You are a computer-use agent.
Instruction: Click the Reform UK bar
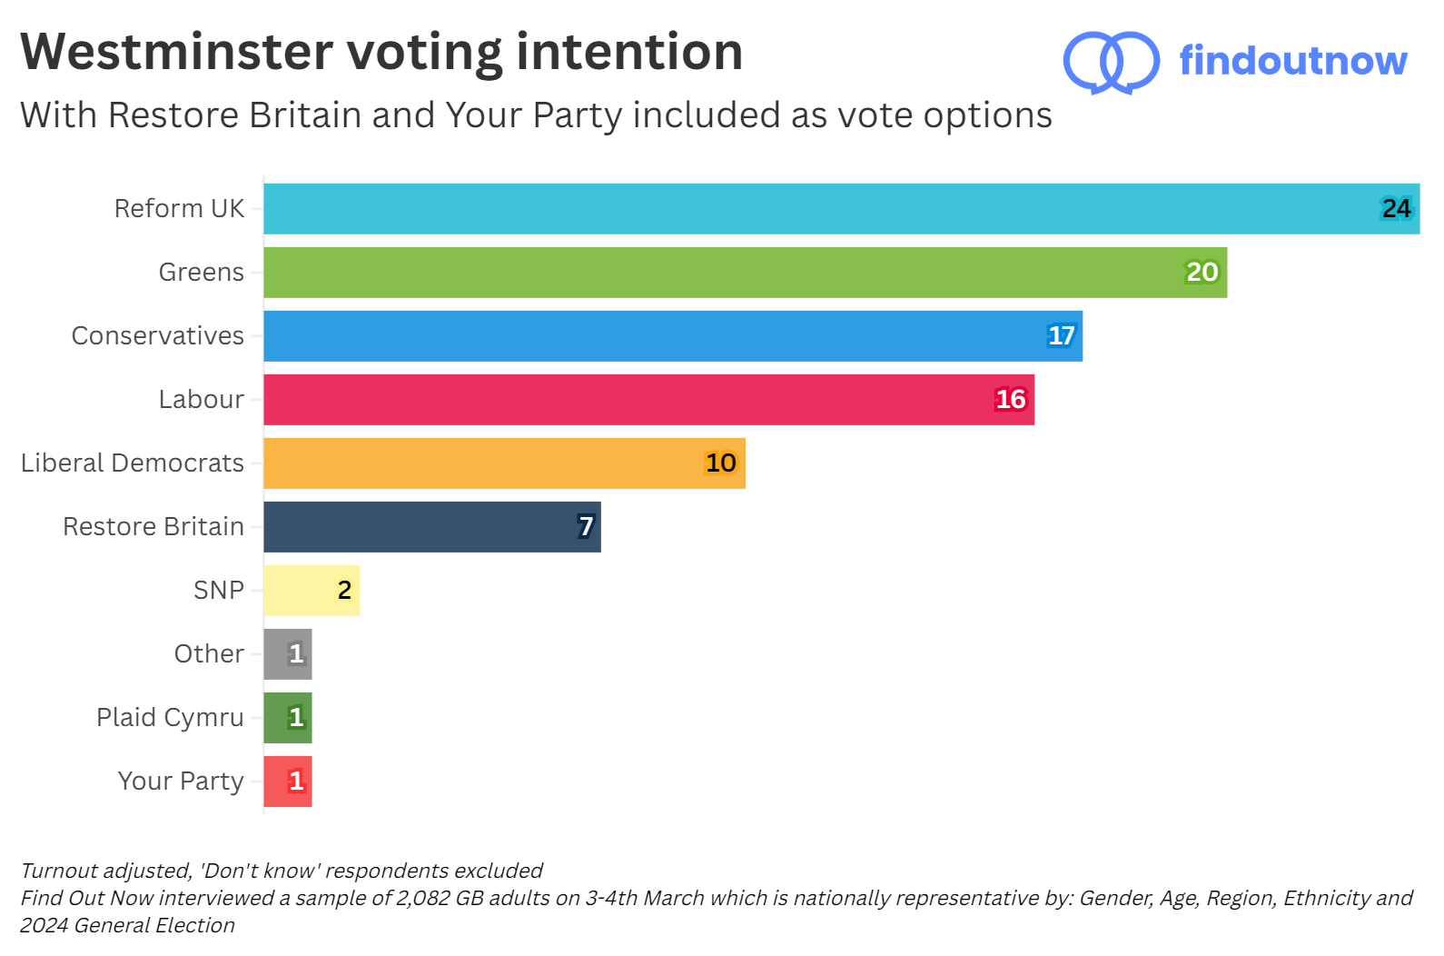(841, 209)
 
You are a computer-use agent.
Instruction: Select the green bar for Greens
(745, 273)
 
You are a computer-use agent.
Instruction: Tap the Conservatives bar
(672, 336)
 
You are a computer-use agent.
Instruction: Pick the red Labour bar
(648, 400)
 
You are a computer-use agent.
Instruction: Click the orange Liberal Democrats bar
(504, 463)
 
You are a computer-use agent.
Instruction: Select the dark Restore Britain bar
(431, 527)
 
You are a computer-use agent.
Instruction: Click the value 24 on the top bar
(1396, 209)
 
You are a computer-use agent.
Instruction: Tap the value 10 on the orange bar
(720, 463)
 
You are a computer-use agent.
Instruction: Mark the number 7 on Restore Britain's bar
(586, 527)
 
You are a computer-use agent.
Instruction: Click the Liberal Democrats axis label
(133, 463)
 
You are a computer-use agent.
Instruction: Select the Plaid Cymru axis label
(170, 718)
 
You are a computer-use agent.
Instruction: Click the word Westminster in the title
(177, 52)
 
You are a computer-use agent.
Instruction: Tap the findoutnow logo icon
(1111, 62)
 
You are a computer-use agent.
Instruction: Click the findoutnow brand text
(1292, 61)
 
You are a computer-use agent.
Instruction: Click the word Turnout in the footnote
(59, 871)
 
